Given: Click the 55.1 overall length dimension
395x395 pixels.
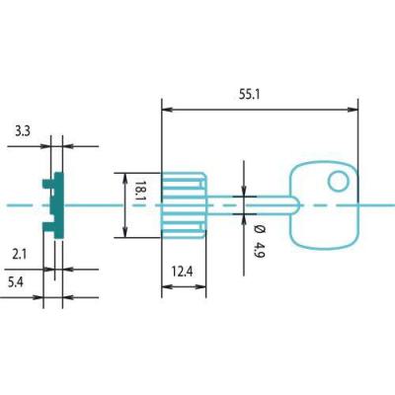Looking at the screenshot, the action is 250,95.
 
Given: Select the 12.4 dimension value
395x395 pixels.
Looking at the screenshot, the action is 182,272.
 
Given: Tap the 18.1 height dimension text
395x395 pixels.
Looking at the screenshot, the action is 139,194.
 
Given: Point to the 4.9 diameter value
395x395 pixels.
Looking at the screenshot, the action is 260,250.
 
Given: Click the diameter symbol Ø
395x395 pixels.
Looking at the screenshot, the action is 260,229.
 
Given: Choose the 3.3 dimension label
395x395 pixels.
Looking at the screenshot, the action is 23,131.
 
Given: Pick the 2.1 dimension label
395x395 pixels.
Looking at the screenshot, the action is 20,255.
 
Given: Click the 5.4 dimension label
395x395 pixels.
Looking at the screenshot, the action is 16,282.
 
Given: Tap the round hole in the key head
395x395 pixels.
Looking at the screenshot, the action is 339,182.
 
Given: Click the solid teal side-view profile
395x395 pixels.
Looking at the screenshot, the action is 58,205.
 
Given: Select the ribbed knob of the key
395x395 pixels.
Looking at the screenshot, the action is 184,205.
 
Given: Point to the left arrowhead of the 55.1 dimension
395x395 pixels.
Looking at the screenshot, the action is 167,110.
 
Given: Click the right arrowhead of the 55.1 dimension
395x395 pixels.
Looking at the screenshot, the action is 353,110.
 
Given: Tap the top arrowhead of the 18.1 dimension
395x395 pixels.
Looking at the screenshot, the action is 124,178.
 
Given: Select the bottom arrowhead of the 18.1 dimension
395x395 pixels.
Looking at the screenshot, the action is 124,232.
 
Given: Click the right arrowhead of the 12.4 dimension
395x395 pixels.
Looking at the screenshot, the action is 201,287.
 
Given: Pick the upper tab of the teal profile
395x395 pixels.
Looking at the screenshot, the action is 48,184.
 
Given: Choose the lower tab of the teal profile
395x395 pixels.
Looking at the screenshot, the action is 48,227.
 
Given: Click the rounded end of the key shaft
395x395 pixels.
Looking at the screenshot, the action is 295,205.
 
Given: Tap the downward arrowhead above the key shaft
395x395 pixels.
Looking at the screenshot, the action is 244,191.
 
